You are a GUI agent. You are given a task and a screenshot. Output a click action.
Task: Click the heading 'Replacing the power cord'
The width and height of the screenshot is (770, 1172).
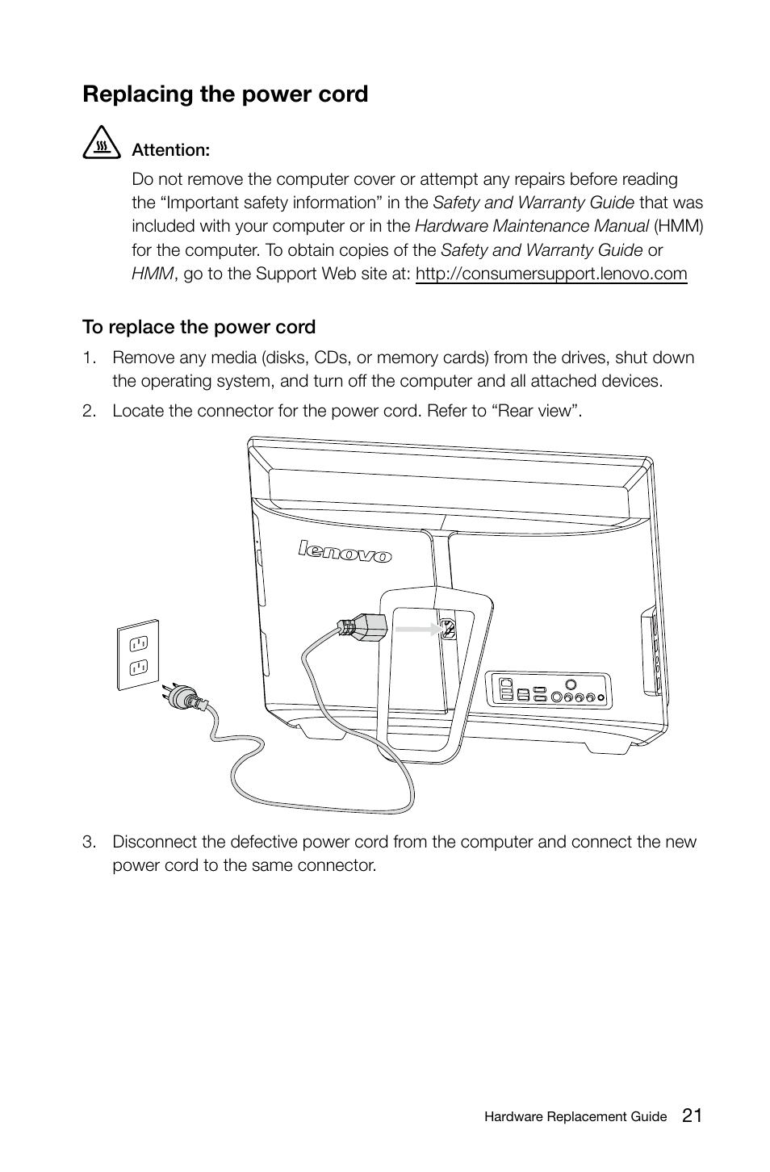point(225,94)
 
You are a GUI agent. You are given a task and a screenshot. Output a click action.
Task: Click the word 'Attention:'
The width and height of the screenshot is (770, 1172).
point(171,150)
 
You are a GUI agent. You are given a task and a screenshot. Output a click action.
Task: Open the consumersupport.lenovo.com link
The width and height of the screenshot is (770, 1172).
point(551,274)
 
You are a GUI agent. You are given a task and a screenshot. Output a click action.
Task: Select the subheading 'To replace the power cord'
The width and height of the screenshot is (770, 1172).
point(199,327)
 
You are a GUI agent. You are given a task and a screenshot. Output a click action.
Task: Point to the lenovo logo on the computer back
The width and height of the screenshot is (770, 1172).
point(345,552)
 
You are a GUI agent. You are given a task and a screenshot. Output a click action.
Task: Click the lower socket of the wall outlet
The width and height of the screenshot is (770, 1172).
point(137,668)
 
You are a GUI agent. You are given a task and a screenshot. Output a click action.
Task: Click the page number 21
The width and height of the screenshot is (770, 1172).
point(692,1116)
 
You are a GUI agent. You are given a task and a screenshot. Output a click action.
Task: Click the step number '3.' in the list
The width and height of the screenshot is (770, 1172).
point(89,842)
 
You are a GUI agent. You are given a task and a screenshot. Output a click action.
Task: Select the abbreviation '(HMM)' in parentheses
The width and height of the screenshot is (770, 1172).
point(679,226)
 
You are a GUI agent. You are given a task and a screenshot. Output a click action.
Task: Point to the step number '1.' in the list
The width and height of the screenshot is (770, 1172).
point(89,358)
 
